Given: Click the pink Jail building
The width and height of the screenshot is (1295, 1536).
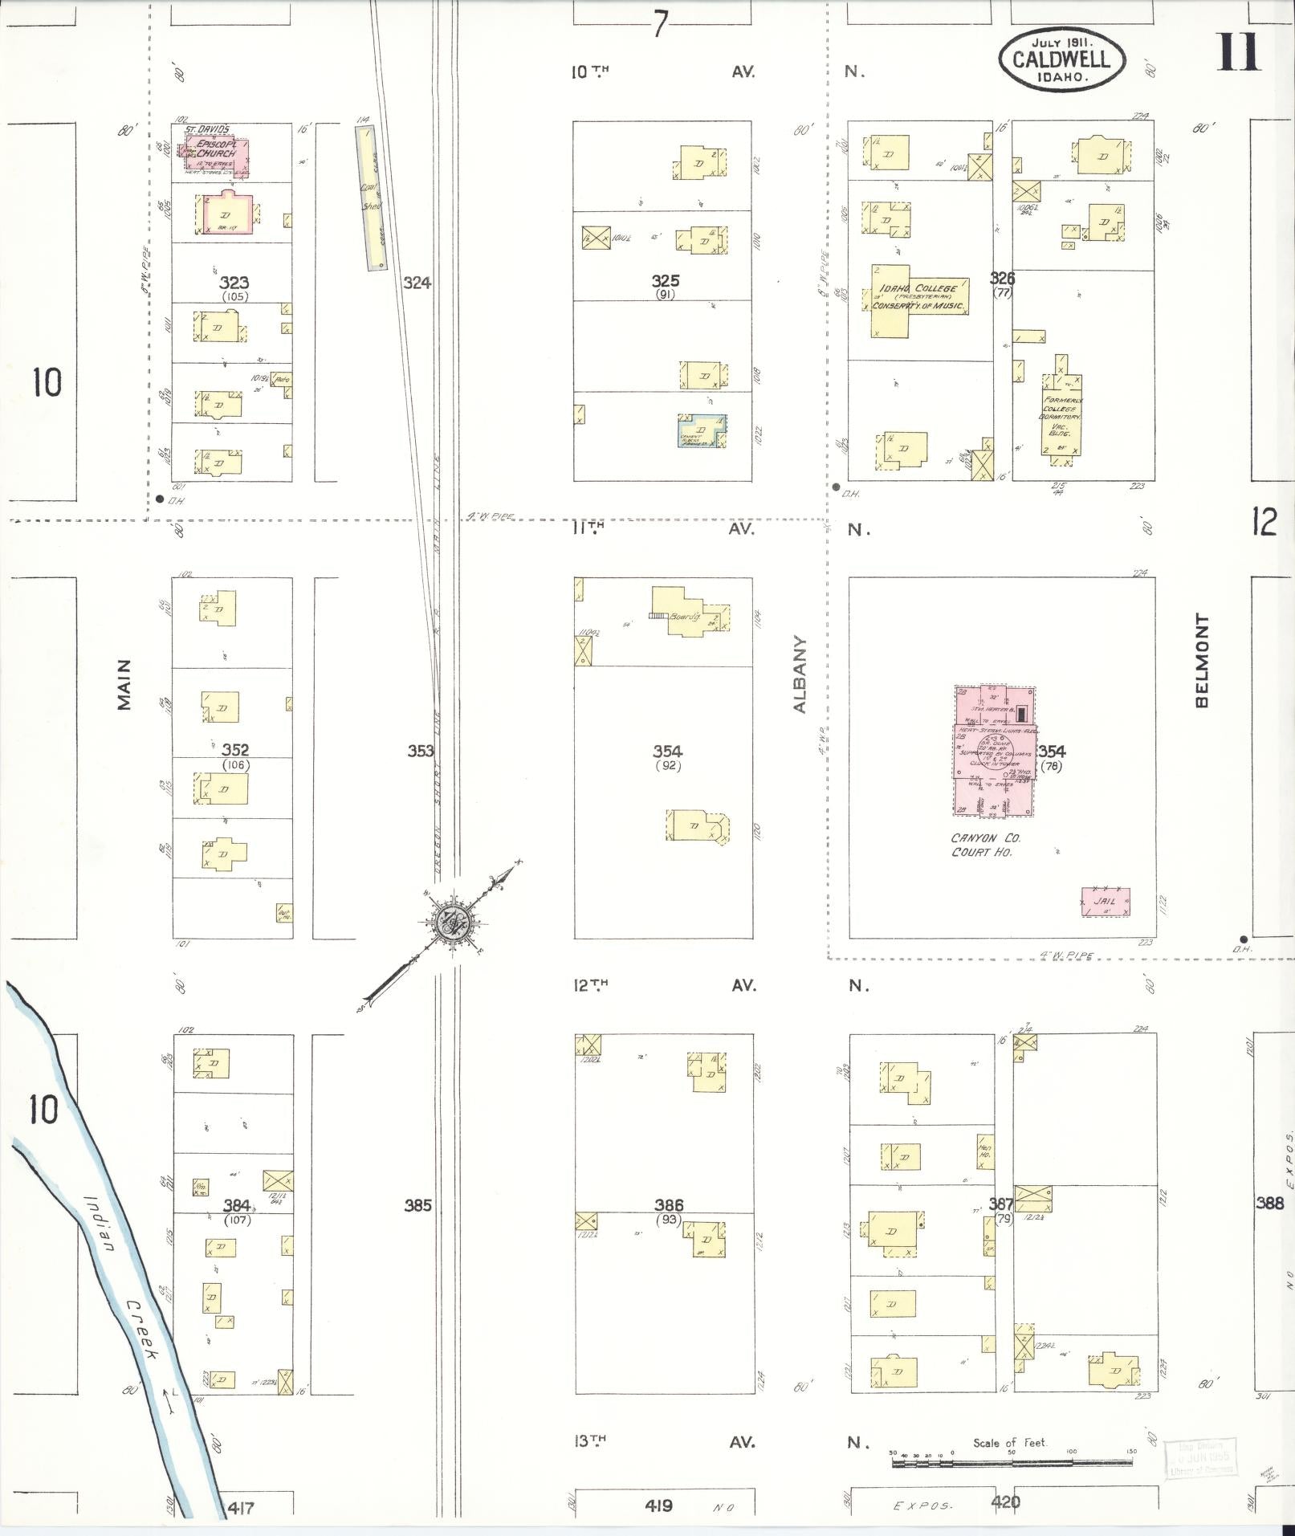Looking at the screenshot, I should pos(1106,902).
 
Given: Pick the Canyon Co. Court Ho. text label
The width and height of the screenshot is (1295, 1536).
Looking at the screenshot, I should pos(986,845).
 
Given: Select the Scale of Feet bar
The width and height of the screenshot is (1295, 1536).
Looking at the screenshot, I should pos(1012,1463).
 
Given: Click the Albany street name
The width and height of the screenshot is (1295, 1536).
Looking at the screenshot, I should pos(800,675).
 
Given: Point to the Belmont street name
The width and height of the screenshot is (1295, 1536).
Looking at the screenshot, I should pos(1201,661).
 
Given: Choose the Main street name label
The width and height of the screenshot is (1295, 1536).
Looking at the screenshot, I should pos(124,685).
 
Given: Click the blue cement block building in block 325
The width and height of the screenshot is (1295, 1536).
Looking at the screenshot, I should pos(702,431).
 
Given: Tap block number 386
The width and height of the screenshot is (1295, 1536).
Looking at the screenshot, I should pos(669,1204).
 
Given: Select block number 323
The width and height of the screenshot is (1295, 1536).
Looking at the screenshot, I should pos(234,283).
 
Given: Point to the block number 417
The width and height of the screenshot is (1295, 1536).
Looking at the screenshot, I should pos(241,1508).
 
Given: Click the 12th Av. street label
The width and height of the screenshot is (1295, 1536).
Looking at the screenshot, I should pos(590,984).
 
